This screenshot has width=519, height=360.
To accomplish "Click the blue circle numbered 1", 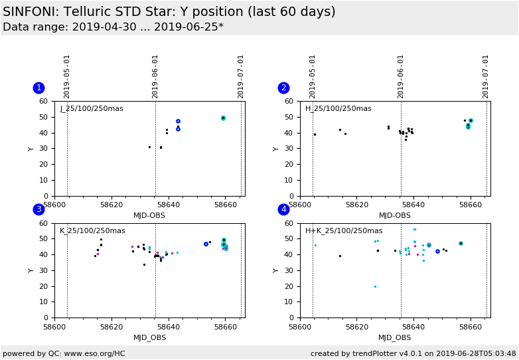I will [38, 88].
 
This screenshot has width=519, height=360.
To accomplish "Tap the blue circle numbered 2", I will [283, 88].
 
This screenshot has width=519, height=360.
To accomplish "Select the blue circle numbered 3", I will [38, 209].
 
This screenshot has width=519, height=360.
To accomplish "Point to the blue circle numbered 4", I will [283, 209].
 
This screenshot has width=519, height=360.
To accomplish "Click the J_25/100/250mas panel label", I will [92, 109].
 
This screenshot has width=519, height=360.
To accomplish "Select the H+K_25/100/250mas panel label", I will [344, 230].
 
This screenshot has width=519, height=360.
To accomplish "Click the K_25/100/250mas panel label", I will [92, 230].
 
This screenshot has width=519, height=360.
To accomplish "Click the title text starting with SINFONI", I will [169, 12].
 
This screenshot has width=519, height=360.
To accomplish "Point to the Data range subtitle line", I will [113, 27].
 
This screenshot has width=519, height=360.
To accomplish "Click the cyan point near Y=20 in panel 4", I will [375, 286].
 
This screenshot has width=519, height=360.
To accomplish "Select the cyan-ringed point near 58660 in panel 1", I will [223, 118].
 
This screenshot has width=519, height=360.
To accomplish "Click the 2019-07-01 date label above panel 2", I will [486, 76].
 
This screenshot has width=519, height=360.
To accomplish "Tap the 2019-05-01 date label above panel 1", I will [67, 76].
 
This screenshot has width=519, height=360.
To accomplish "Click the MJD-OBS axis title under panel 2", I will [395, 215].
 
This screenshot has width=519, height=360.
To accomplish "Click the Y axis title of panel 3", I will [31, 270].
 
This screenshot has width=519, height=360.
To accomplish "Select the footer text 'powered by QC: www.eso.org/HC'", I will [64, 353].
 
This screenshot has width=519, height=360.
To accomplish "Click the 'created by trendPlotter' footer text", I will [413, 353].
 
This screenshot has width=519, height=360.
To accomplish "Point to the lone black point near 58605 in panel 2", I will [315, 134].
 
